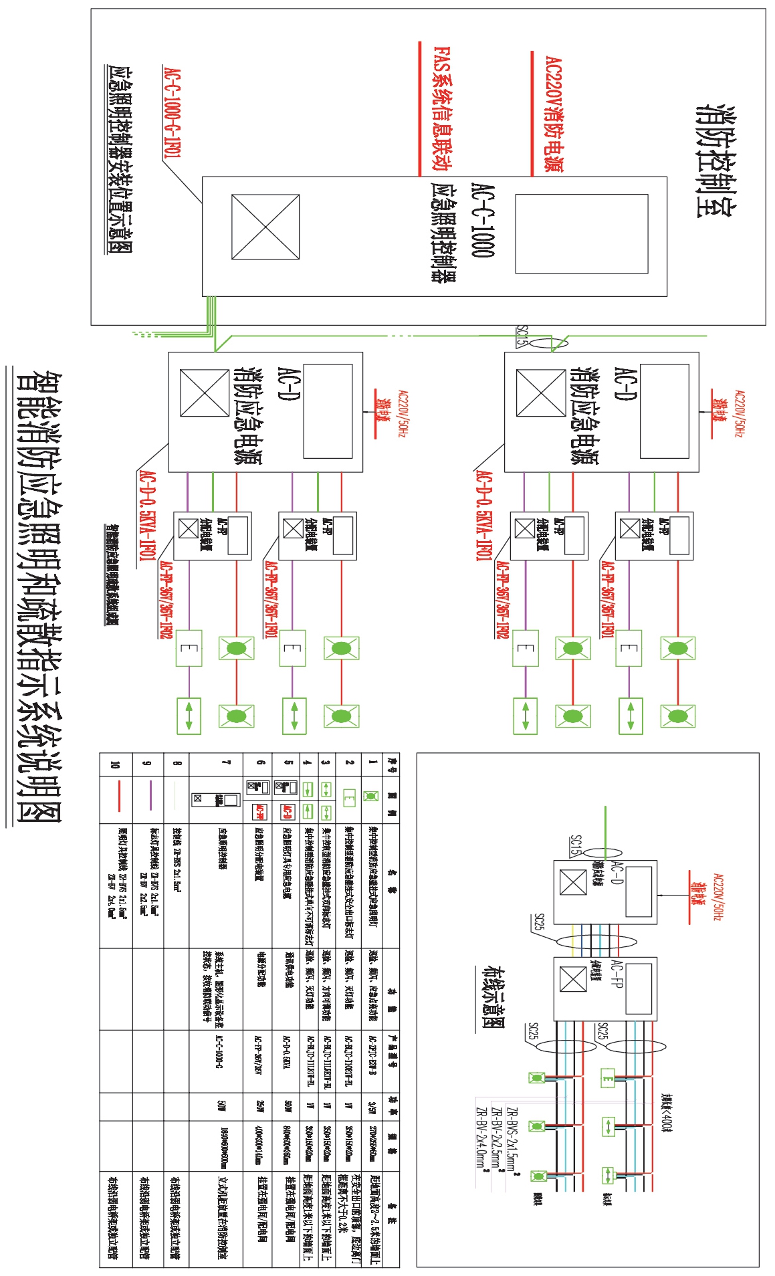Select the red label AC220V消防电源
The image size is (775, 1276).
(554, 114)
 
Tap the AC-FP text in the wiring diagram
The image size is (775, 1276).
(617, 976)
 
